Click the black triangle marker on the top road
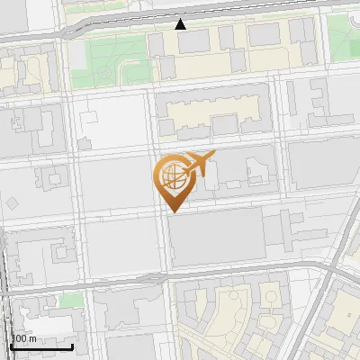pyautogui.click(x=181, y=23)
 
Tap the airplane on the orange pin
pyautogui.click(x=198, y=165)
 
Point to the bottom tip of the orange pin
pyautogui.click(x=171, y=211)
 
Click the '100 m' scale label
pyautogui.click(x=23, y=338)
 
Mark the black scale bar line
pyautogui.click(x=41, y=346)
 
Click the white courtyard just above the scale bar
pyautogui.click(x=36, y=320)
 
